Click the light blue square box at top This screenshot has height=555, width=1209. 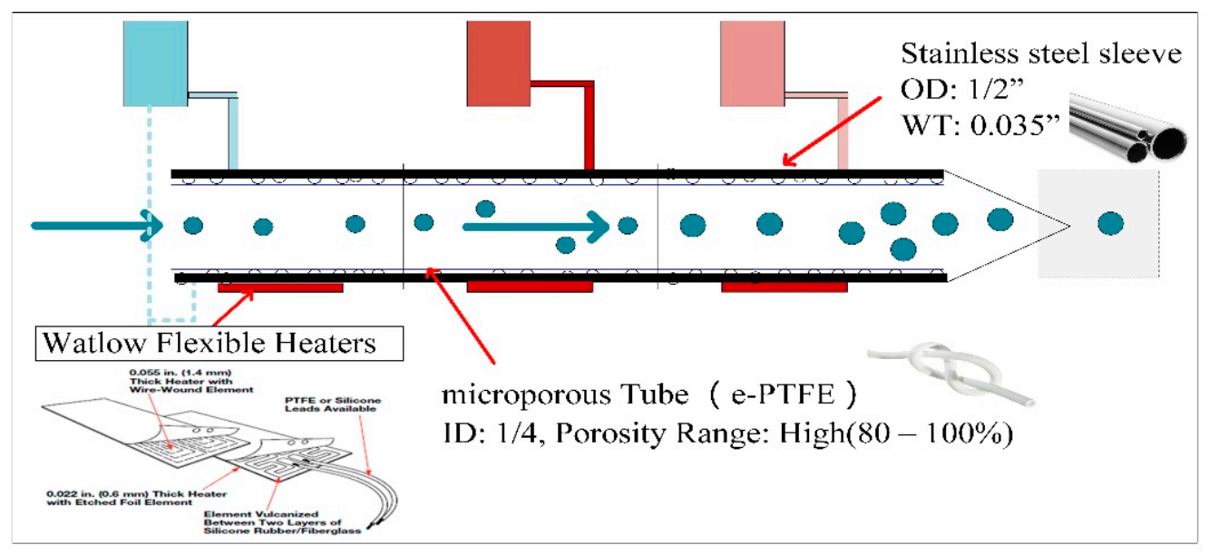pos(155,62)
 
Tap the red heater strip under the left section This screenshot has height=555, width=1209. pos(280,287)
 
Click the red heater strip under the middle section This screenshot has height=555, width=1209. pos(529,287)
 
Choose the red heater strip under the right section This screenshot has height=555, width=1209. pos(784,287)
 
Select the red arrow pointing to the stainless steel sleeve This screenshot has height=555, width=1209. pos(834,135)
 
